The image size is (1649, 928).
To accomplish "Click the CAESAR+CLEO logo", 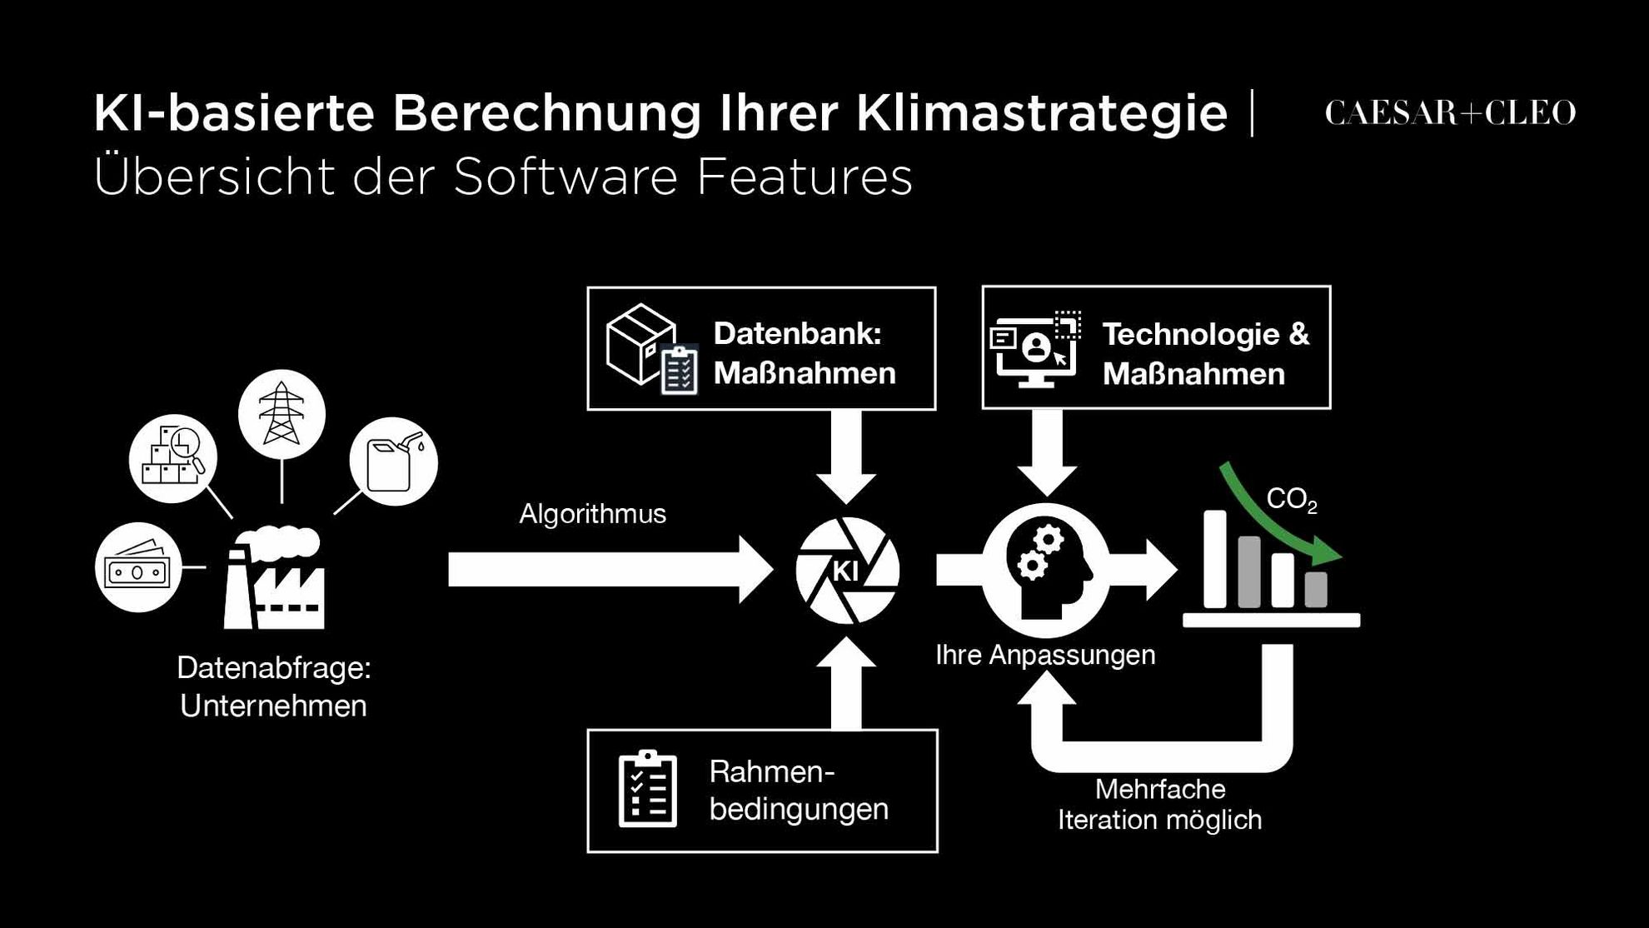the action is (1450, 113).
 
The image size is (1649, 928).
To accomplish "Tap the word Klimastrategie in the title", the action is (1042, 112).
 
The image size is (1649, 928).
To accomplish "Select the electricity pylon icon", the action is (281, 414).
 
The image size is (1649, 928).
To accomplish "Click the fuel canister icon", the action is (393, 462).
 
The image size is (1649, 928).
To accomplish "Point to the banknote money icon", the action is (138, 567).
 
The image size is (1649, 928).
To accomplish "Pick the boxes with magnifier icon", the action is (173, 458).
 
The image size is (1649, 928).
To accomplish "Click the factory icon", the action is (274, 577).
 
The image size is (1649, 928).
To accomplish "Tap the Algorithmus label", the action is (592, 514).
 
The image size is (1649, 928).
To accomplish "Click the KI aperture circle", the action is (847, 571).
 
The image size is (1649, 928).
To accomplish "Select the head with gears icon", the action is (1046, 571).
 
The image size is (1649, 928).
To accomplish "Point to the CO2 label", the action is (1292, 500).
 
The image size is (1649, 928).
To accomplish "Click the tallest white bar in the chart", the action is (1215, 559).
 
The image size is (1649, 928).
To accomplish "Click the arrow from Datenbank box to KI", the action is (846, 457).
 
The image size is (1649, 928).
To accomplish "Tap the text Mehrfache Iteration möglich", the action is (1160, 805).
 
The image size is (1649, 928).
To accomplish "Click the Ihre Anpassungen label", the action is (1045, 656).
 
